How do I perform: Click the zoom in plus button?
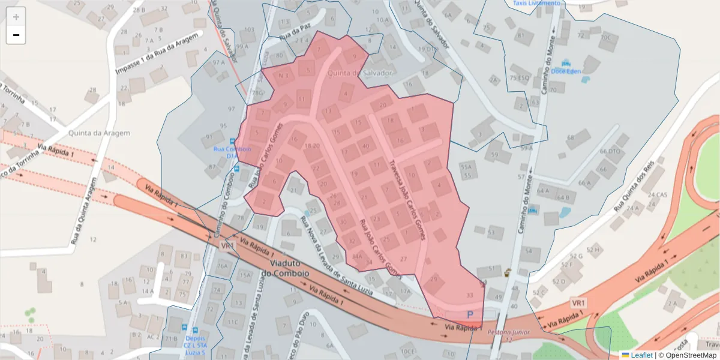[16, 17]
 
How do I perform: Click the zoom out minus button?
[16, 35]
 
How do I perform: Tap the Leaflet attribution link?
[641, 355]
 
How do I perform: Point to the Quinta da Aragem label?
[91, 134]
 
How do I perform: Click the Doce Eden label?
[566, 71]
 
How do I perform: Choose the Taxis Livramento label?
[536, 3]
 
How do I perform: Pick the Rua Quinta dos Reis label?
[637, 189]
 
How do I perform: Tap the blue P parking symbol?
[470, 314]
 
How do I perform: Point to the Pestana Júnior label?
[508, 332]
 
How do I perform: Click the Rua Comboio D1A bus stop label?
[231, 152]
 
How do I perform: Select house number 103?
[250, 29]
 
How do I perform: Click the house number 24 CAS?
[658, 194]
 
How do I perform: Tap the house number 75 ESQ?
[518, 78]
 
